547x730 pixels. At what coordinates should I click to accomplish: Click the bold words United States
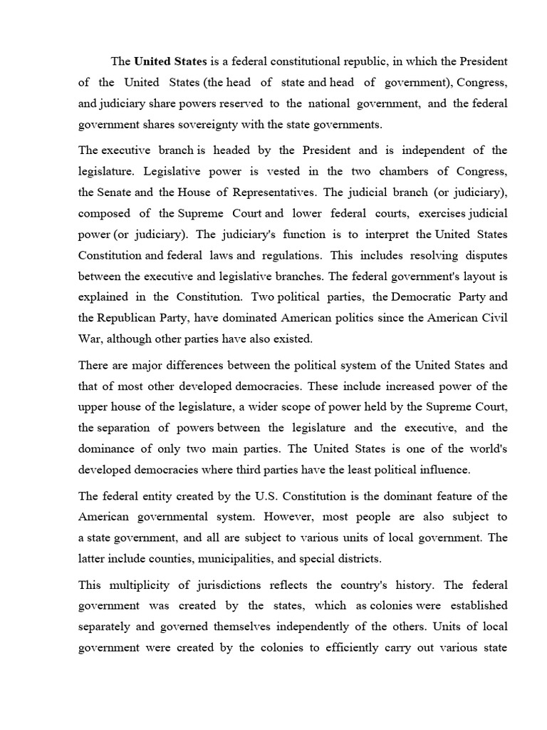point(167,61)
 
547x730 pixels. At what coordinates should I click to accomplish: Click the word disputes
point(484,255)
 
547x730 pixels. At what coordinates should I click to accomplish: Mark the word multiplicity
point(141,585)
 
